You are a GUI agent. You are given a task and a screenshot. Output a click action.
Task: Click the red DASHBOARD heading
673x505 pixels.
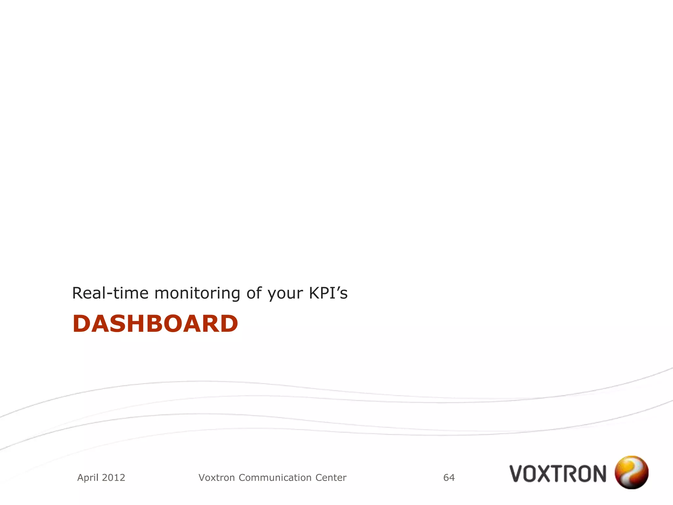[x=155, y=324]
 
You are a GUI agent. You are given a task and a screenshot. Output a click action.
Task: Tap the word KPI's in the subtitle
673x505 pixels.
[x=328, y=293]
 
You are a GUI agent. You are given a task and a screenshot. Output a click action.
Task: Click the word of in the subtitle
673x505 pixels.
[x=254, y=293]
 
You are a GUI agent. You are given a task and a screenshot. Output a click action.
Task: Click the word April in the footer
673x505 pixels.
[x=88, y=478]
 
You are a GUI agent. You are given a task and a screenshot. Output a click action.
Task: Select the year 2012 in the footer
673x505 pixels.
[x=113, y=478]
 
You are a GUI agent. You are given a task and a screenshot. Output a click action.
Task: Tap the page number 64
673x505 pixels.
[x=449, y=478]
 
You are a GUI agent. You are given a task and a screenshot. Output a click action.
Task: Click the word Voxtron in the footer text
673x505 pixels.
[x=217, y=478]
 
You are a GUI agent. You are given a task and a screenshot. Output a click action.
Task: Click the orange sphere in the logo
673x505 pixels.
[x=631, y=472]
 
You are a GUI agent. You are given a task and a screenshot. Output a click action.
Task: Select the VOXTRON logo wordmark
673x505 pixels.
[x=558, y=474]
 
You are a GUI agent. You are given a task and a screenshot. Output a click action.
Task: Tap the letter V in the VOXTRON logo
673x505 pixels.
[x=517, y=474]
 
